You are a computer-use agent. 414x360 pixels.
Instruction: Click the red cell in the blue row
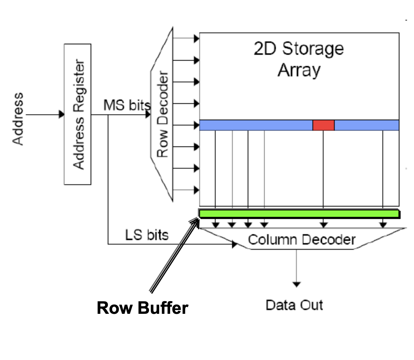(x=323, y=125)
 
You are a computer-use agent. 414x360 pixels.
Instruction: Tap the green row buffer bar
(x=299, y=214)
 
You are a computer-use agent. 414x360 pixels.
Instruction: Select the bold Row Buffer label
(x=142, y=308)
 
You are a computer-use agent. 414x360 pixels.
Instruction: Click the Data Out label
(x=294, y=305)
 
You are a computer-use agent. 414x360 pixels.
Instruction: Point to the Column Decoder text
(x=301, y=240)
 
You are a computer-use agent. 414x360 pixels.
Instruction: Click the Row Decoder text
(x=163, y=114)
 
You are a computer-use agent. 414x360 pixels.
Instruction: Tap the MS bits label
(x=127, y=105)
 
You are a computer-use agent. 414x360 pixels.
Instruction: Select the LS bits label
(x=147, y=235)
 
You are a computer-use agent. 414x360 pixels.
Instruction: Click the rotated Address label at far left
(x=18, y=119)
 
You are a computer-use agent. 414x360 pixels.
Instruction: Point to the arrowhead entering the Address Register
(x=62, y=114)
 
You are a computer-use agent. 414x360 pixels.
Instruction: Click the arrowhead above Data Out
(x=296, y=284)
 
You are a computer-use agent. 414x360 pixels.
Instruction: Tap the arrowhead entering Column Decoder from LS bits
(x=235, y=244)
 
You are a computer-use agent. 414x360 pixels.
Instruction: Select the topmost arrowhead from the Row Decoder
(x=197, y=38)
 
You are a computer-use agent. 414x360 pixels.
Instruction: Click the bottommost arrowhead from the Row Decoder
(x=197, y=190)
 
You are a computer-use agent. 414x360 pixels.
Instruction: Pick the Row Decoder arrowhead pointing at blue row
(x=197, y=125)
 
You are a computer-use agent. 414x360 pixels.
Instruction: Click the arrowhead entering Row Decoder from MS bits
(x=148, y=114)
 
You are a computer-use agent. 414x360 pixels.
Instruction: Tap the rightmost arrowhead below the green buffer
(x=383, y=225)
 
